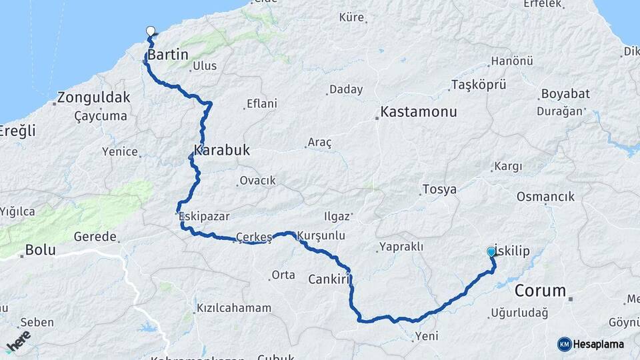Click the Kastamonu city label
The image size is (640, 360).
click(x=419, y=111)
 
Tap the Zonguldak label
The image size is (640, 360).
click(x=94, y=97)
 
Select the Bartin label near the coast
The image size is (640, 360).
click(x=168, y=55)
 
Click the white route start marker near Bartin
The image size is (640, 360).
click(x=151, y=30)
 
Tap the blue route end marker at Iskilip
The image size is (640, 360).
click(x=491, y=251)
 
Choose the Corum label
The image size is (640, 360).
click(x=540, y=291)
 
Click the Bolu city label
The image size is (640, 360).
click(x=40, y=251)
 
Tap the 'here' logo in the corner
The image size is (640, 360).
click(x=18, y=340)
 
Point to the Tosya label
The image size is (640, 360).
click(x=439, y=189)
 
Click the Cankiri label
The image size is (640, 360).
click(x=329, y=279)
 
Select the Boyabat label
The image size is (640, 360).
click(x=565, y=94)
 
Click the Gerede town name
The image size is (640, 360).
click(x=95, y=237)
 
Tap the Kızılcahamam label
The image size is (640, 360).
click(x=234, y=308)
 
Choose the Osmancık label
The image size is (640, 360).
click(x=545, y=197)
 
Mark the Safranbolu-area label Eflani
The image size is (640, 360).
click(x=261, y=103)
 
